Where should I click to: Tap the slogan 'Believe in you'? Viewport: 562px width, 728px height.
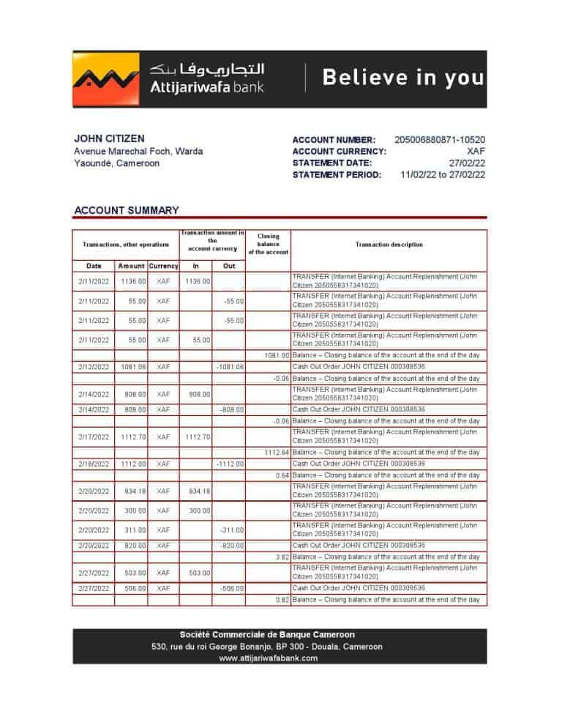coord(403,78)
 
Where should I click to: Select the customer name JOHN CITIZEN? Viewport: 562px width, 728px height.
coord(109,138)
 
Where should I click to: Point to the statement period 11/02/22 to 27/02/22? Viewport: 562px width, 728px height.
coord(443,175)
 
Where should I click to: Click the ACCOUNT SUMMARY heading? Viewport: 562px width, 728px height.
coord(127,211)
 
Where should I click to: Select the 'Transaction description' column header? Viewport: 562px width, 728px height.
coord(389,245)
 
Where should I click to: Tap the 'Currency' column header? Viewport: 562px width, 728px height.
coord(163,266)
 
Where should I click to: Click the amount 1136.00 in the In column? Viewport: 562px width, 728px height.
coord(198,281)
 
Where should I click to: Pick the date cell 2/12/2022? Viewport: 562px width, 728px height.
coord(94,366)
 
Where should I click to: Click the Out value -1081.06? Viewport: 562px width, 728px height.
coord(231,366)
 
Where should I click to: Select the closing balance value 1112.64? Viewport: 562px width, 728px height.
coord(276,453)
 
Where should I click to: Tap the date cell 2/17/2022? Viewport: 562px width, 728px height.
coord(94,437)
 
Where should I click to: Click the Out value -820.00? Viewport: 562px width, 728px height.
coord(232,546)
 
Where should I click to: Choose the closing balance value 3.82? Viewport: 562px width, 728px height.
coord(280,557)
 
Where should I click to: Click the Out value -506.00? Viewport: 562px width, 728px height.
coord(232,588)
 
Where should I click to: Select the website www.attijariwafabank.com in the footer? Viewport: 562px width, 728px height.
coord(269,658)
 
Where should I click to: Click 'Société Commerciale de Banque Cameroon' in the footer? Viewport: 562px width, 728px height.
coord(268,635)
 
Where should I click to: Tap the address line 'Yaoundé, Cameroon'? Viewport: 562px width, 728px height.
coord(117,163)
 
